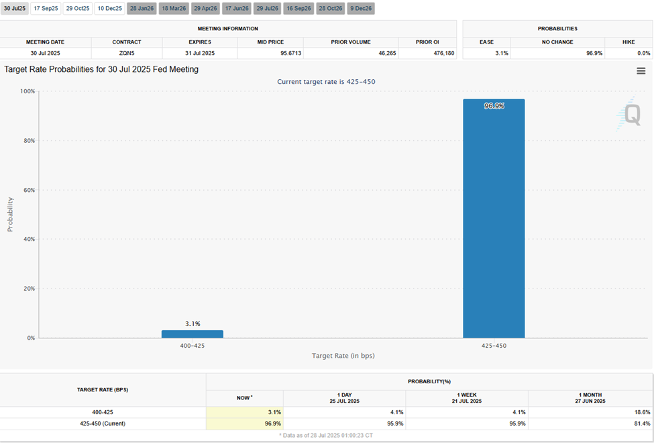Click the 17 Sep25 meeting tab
pyautogui.click(x=46, y=9)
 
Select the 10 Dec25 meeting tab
pyautogui.click(x=109, y=9)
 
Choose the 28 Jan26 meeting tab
pyautogui.click(x=141, y=9)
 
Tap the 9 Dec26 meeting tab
pyautogui.click(x=362, y=9)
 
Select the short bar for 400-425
pyautogui.click(x=193, y=334)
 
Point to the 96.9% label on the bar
pyautogui.click(x=494, y=106)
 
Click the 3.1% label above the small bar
pyautogui.click(x=193, y=324)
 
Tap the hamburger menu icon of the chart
pyautogui.click(x=641, y=71)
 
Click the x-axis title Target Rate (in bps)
pyautogui.click(x=343, y=355)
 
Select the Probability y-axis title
pyautogui.click(x=10, y=214)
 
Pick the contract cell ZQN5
pyautogui.click(x=127, y=53)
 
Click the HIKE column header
pyautogui.click(x=629, y=42)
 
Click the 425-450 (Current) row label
pyautogui.click(x=103, y=424)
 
